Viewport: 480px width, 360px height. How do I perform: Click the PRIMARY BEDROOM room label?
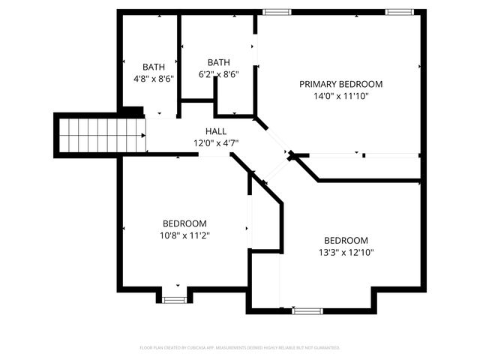(340, 84)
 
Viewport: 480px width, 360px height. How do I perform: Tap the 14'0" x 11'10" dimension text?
(340, 96)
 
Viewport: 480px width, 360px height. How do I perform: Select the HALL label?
(205, 131)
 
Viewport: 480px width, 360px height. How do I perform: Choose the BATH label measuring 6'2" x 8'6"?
(219, 62)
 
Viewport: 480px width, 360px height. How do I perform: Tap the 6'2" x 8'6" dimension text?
(219, 74)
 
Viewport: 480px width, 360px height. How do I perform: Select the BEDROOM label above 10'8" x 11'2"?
(184, 223)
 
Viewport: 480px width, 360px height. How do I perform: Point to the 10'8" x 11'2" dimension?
(184, 235)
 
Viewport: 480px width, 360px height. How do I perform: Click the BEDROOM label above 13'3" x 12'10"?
(346, 240)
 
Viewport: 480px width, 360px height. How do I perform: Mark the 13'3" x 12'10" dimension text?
(346, 253)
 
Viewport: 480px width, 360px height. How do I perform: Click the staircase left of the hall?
(101, 135)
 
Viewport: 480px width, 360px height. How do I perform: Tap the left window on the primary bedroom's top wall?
(277, 12)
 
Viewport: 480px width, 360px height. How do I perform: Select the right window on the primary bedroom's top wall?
(400, 12)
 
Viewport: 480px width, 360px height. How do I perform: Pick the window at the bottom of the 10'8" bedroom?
(175, 299)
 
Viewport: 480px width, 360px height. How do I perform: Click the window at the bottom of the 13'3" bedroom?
(307, 310)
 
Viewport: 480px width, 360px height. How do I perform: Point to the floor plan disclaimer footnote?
(240, 348)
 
